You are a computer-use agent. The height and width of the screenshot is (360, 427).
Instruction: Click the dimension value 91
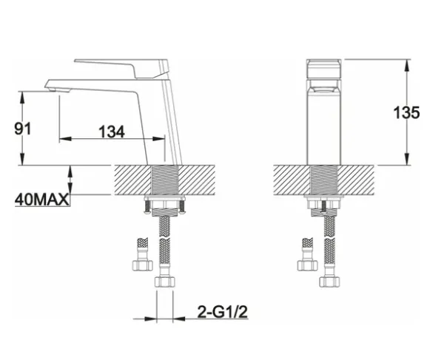coord(23,129)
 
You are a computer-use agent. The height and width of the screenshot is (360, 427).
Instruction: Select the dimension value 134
coord(112,132)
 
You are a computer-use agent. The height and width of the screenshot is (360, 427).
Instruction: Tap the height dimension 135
coord(406,112)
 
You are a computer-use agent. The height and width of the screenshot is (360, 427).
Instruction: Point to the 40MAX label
coord(42,200)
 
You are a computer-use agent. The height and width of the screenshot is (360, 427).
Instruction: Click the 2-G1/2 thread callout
coord(223,312)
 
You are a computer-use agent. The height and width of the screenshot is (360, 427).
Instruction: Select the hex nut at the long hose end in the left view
coord(164,282)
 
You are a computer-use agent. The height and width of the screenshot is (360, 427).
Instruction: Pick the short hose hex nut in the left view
coord(142,265)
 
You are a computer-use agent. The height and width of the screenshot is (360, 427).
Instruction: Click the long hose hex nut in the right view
coord(329,282)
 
